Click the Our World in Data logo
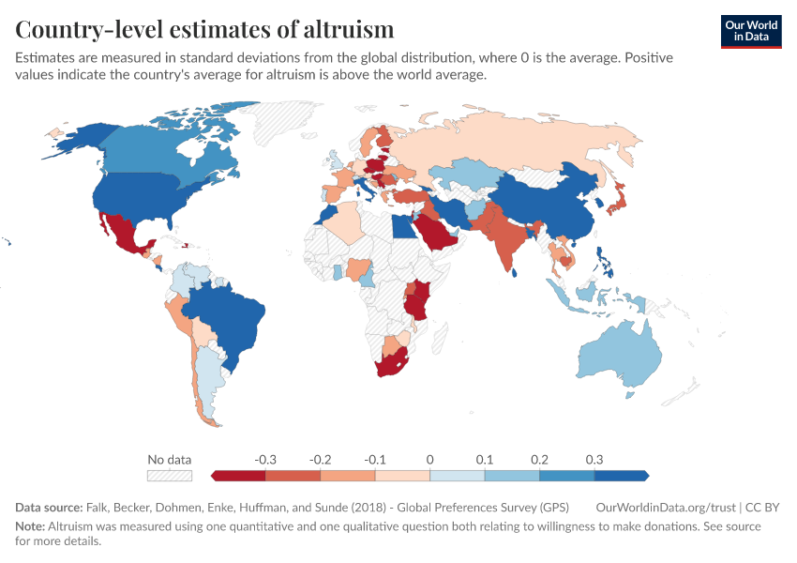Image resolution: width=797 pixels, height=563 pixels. (x=751, y=30)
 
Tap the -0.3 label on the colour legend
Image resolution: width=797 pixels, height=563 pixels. (x=265, y=460)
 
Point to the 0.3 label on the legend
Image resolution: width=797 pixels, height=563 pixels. (x=594, y=460)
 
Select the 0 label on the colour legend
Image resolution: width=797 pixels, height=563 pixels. (x=429, y=460)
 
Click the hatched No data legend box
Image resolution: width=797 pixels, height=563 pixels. (x=170, y=476)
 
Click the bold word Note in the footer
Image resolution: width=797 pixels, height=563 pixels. (x=29, y=527)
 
